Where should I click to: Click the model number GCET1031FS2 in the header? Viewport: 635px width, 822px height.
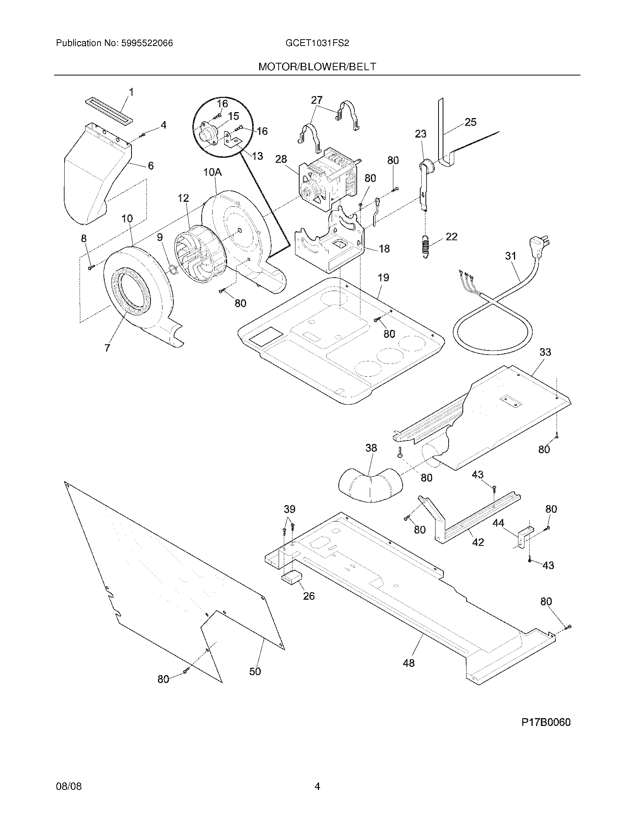317,43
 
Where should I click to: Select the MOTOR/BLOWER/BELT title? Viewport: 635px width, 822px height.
317,67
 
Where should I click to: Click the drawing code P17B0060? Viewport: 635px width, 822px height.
545,722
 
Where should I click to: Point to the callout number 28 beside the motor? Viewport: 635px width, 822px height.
281,159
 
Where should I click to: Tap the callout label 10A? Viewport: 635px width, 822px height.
213,172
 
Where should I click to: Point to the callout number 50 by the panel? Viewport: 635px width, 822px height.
255,671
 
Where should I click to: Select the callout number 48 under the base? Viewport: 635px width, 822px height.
409,663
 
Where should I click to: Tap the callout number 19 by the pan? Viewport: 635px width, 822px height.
383,278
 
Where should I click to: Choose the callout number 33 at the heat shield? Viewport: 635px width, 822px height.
545,352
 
